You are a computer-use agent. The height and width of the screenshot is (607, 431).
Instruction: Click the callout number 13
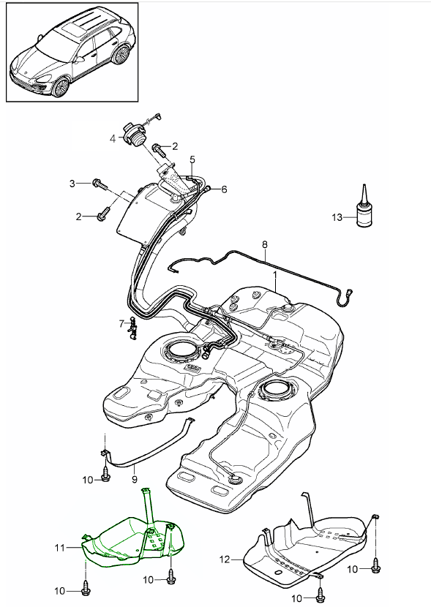pos(337,217)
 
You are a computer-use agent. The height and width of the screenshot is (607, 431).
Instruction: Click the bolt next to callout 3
pos(100,184)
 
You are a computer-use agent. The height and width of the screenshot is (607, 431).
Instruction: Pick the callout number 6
pos(224,189)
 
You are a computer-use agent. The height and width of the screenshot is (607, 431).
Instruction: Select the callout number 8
pos(265,245)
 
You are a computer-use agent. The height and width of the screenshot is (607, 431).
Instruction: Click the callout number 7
pos(121,323)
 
